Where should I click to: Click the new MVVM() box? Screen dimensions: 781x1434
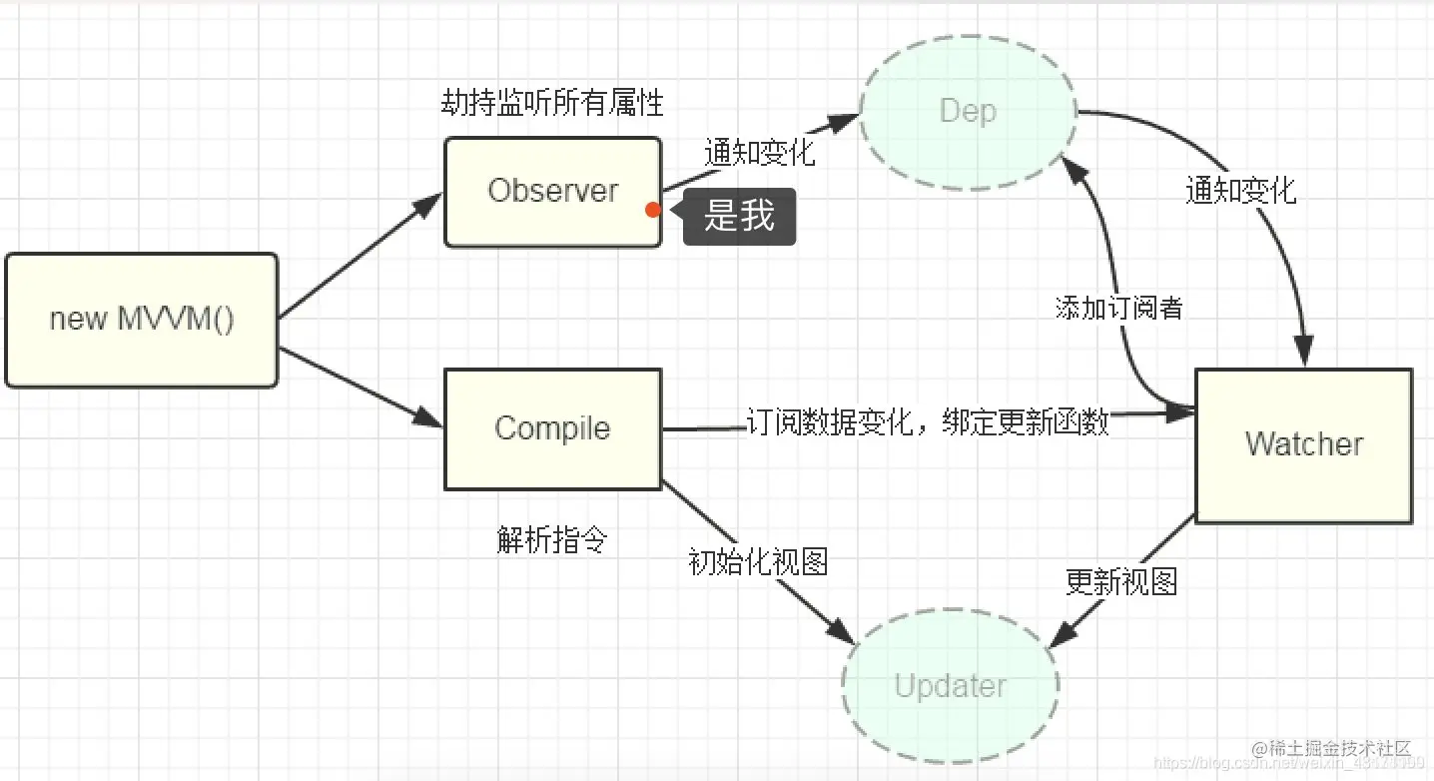tap(141, 320)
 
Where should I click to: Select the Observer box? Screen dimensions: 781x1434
tap(552, 191)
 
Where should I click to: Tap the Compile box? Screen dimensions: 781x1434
tap(552, 428)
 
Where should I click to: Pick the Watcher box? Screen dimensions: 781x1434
tap(1303, 444)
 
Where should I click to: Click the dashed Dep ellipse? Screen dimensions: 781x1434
tap(968, 111)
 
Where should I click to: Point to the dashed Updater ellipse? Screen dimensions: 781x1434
tap(950, 686)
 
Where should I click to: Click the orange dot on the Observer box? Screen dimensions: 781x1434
tap(653, 210)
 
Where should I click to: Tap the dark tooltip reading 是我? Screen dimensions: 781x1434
tap(740, 216)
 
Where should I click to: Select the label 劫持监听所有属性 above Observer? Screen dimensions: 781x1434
tap(552, 103)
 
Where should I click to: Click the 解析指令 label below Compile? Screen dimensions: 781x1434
tap(552, 539)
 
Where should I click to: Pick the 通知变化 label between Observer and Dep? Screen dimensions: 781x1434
tap(759, 153)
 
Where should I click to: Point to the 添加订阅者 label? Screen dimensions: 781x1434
tap(1118, 308)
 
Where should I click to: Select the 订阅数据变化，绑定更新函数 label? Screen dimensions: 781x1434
tap(928, 422)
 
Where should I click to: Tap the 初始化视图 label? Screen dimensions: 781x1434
tap(758, 561)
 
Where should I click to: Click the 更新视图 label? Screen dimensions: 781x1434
tap(1120, 581)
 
